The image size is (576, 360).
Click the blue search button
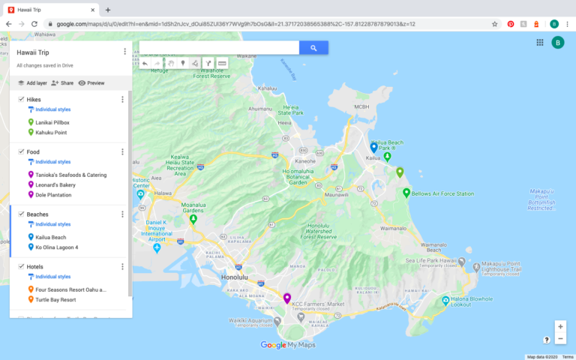pos(314,48)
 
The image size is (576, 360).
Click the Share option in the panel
pos(62,83)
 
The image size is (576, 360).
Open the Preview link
pos(91,83)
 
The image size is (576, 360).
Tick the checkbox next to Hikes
pos(21,99)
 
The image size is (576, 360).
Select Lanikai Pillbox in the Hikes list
pos(52,122)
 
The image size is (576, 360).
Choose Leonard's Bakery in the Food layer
pos(55,184)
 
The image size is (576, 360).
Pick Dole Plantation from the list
pos(53,195)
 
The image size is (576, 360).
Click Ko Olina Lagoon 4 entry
pos(56,247)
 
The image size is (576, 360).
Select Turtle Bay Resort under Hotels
pos(55,300)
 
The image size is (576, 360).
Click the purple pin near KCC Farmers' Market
pos(287,298)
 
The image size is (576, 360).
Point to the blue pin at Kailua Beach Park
pos(373,147)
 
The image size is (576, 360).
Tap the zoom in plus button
pos(560,326)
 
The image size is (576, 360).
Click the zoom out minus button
pos(560,339)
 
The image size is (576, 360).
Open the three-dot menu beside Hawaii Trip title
pos(124,52)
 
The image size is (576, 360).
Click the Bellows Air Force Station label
pos(442,194)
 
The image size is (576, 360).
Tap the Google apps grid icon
pos(540,43)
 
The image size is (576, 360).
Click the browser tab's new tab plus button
pos(108,10)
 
